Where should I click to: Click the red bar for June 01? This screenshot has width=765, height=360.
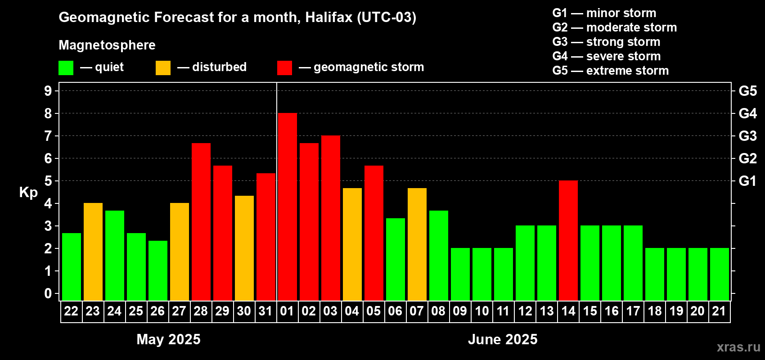point(288,207)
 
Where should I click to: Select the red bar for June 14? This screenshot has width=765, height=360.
point(568,240)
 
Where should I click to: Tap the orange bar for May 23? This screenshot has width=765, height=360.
point(93,252)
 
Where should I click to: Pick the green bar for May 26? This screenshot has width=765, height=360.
point(158,270)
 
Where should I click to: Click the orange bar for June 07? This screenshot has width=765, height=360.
point(417,244)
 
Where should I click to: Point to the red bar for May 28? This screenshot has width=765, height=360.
point(201,222)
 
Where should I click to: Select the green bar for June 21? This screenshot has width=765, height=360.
point(720,274)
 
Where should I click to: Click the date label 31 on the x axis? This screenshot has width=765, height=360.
point(265,311)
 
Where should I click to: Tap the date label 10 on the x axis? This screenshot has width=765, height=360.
point(481,311)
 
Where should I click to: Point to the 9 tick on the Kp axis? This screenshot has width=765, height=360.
point(48,91)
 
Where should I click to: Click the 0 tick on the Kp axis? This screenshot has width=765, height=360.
point(48,293)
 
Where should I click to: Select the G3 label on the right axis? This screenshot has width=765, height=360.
point(748,136)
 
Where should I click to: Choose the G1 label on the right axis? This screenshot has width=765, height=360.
point(748,181)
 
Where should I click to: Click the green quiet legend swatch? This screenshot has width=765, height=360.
point(66,67)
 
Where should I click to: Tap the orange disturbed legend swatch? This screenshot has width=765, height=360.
point(163,67)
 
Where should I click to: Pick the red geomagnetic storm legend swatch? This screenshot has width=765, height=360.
point(285,67)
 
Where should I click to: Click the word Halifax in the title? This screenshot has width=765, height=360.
point(329,17)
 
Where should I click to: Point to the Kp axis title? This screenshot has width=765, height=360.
point(28,193)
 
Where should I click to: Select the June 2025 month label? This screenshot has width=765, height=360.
point(503,339)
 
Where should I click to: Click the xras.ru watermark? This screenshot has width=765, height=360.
point(739,347)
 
